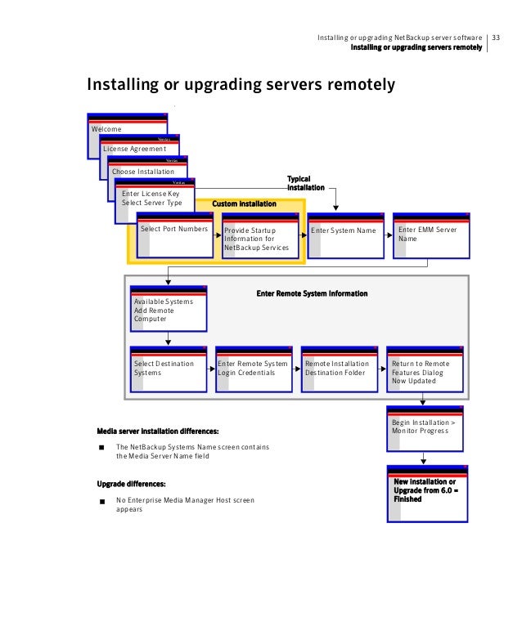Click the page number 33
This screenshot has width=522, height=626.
pos(496,38)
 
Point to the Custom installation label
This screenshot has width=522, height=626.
pos(244,203)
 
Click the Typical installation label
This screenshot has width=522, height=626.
pos(299,183)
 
